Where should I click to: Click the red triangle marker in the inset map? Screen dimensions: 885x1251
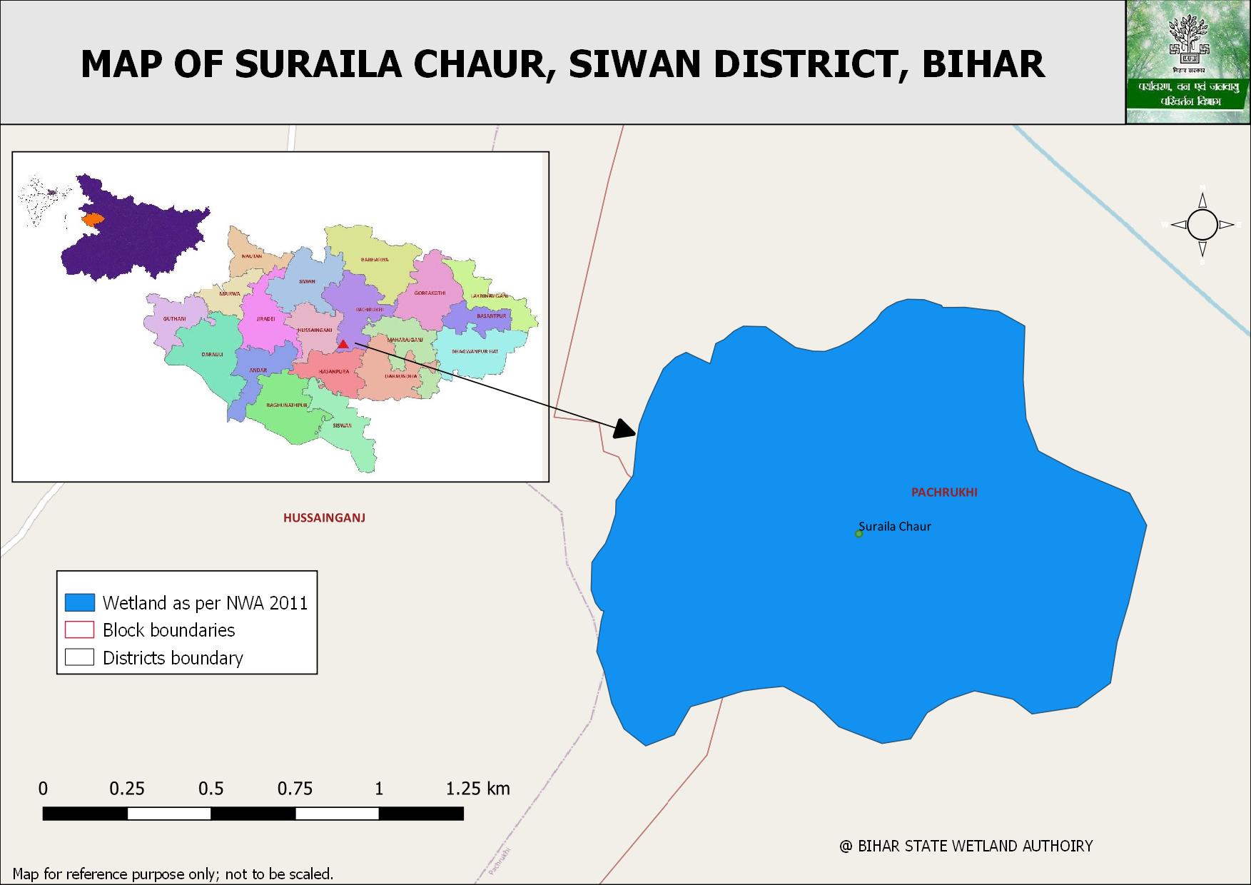pyautogui.click(x=343, y=344)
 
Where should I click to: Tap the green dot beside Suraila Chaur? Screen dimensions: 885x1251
pyautogui.click(x=859, y=534)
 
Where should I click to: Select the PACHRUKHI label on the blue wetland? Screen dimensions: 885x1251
pyautogui.click(x=944, y=492)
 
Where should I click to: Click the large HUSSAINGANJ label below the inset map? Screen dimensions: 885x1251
pyautogui.click(x=324, y=518)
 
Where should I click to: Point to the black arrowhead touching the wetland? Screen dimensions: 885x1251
pyautogui.click(x=625, y=428)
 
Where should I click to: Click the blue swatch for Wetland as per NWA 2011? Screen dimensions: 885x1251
pyautogui.click(x=79, y=602)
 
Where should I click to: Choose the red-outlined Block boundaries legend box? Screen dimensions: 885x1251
pyautogui.click(x=79, y=629)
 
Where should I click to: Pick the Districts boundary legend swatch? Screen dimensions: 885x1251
pyautogui.click(x=79, y=657)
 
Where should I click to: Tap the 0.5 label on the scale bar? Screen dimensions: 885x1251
pyautogui.click(x=211, y=789)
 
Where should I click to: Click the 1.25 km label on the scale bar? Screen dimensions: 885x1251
pyautogui.click(x=477, y=789)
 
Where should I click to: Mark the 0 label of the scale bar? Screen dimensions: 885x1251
pyautogui.click(x=44, y=789)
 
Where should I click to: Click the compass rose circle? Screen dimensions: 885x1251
pyautogui.click(x=1202, y=225)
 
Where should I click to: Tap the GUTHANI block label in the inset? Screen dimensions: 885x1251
pyautogui.click(x=174, y=319)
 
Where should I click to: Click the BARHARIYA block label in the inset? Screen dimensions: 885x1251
pyautogui.click(x=375, y=260)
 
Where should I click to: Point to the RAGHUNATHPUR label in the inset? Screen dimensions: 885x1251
pyautogui.click(x=287, y=405)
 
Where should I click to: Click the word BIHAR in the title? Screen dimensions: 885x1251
pyautogui.click(x=983, y=64)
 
